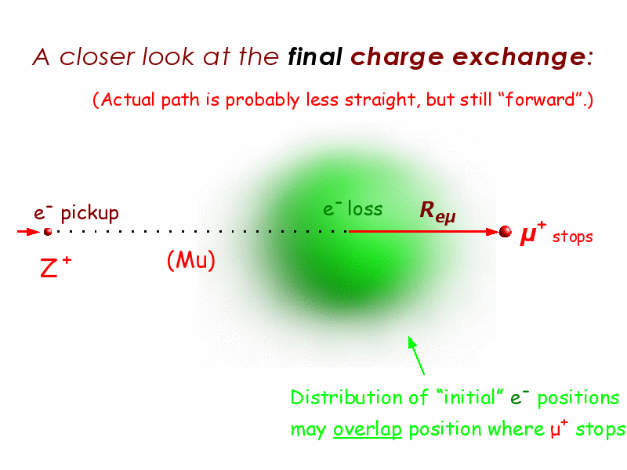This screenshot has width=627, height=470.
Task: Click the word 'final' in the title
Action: (315, 56)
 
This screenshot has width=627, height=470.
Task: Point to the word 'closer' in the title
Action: (97, 56)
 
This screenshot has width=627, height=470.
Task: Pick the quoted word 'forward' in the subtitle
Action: (540, 99)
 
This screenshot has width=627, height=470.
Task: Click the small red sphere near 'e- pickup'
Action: (48, 231)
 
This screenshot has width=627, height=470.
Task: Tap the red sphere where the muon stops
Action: (505, 231)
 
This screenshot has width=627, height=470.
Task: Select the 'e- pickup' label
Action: (76, 212)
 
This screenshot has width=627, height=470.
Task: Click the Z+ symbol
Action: (56, 267)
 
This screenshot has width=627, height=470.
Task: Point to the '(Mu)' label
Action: (190, 260)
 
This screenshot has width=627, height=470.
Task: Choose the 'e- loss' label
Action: (353, 208)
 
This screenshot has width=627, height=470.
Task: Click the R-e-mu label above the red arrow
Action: (438, 211)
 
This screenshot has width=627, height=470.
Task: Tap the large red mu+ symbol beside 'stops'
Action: (533, 233)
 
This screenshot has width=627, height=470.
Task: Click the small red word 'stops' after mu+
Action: (572, 237)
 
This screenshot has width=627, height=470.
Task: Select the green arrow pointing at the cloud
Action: (416, 355)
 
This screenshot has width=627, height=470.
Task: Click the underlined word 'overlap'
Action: (367, 429)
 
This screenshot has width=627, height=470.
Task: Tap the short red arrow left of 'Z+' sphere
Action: (29, 231)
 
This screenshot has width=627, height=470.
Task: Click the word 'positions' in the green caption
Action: (578, 399)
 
